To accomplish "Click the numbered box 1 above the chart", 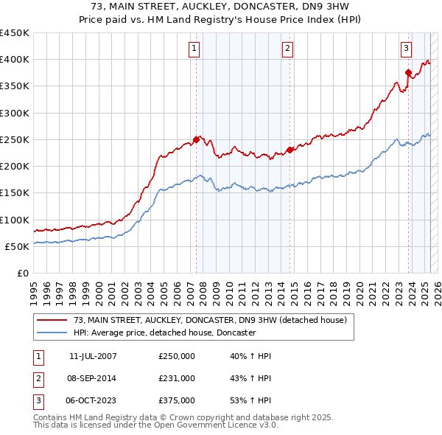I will click(x=194, y=49).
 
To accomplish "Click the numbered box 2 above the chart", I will click(x=287, y=49).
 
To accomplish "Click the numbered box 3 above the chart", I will click(x=406, y=49).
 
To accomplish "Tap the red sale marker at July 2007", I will click(x=196, y=139).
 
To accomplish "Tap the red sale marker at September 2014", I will click(x=290, y=150).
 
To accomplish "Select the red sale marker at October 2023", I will click(x=407, y=72).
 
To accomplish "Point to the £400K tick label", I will click(x=15, y=59).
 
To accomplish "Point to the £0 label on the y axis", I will click(x=23, y=273).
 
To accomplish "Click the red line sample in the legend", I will click(x=52, y=320).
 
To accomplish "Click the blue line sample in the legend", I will click(x=52, y=333).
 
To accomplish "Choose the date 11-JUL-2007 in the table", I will click(x=93, y=356).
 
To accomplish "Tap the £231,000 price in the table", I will click(x=177, y=378).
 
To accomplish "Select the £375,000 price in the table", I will click(x=177, y=400).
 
